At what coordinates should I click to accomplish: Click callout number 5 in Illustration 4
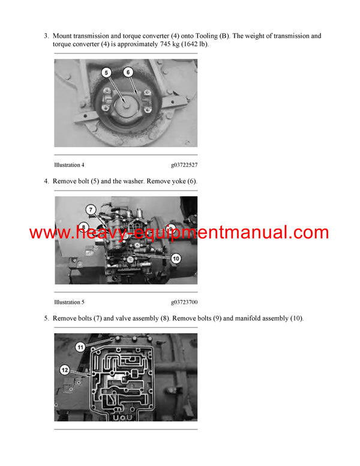(x=106, y=73)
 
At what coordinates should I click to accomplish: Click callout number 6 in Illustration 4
(x=128, y=73)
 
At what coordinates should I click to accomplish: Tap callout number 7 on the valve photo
(x=91, y=210)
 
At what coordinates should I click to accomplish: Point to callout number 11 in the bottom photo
(x=80, y=346)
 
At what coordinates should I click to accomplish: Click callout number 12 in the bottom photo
(x=64, y=371)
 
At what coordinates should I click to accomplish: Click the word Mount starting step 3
(x=64, y=36)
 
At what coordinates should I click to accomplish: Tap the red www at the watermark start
(x=46, y=233)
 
